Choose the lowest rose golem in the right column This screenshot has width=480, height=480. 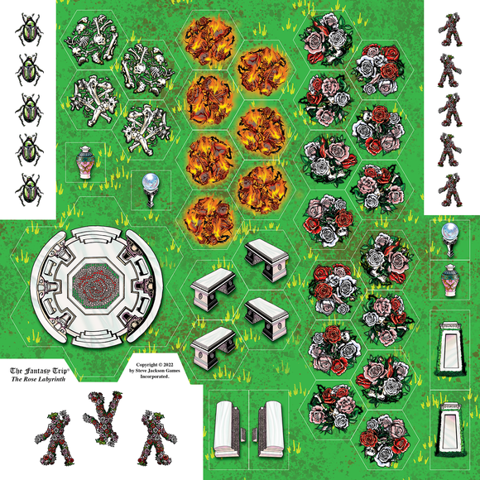(450, 190)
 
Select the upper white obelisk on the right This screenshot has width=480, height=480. (450, 343)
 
